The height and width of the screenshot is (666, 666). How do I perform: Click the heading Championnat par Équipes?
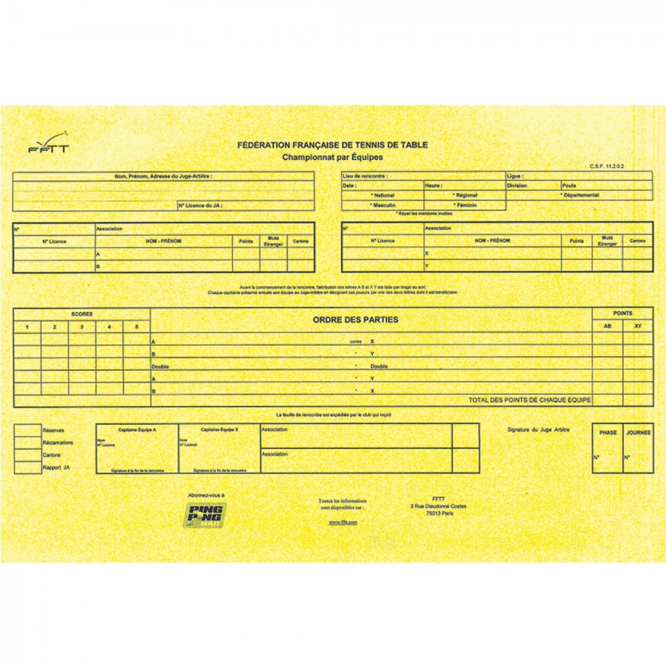click(332, 158)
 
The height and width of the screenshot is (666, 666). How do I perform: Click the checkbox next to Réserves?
click(27, 430)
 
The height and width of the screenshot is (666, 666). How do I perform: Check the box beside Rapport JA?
click(27, 468)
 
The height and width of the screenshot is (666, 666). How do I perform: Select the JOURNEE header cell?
click(638, 433)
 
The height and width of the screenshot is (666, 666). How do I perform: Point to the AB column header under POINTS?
click(608, 326)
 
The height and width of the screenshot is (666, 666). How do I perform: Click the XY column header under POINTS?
click(638, 326)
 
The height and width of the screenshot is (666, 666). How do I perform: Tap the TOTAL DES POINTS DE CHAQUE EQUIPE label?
click(530, 400)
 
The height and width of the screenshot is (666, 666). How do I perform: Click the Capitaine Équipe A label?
click(138, 429)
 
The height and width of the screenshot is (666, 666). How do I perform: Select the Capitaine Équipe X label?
click(219, 429)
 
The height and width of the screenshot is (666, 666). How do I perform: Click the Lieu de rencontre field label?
click(365, 177)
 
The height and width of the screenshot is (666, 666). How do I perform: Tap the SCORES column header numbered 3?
click(82, 326)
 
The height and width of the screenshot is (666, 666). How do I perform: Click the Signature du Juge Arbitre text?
click(539, 429)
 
